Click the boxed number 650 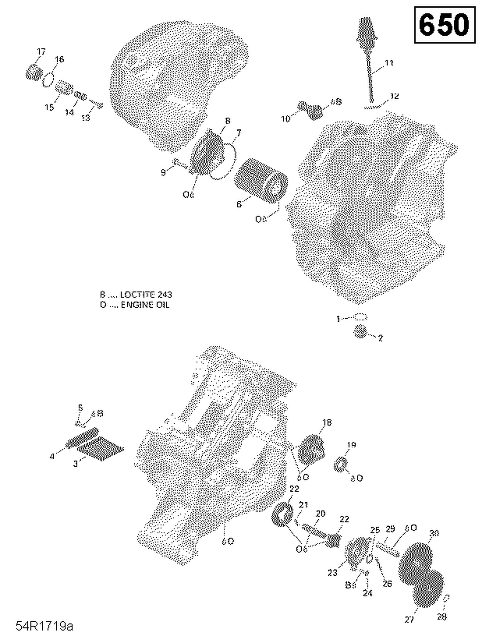(444, 25)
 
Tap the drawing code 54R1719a (45, 626)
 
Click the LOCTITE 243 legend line (136, 295)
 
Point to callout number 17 (41, 52)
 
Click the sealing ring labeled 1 (361, 317)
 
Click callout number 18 (327, 423)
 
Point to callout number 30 (434, 533)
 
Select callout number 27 (409, 620)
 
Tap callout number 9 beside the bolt (163, 172)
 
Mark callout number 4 (52, 456)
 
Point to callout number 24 (367, 593)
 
